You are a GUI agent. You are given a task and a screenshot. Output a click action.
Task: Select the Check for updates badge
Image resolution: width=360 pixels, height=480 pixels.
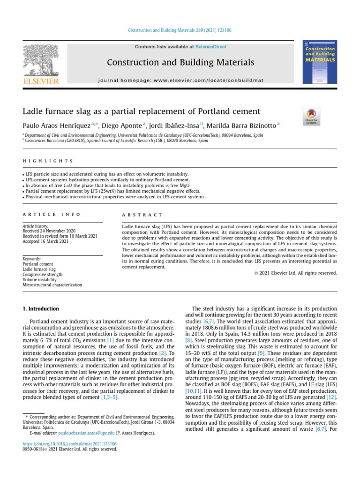[x=311, y=116]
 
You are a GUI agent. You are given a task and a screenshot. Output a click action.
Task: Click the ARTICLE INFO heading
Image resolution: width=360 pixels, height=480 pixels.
[x=52, y=215]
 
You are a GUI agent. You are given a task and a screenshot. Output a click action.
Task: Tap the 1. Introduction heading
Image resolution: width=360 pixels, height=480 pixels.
[x=41, y=309]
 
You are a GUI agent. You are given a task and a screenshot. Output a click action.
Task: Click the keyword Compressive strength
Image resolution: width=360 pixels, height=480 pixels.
[x=42, y=274]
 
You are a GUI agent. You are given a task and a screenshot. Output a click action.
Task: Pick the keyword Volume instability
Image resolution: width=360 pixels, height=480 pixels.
[x=41, y=279]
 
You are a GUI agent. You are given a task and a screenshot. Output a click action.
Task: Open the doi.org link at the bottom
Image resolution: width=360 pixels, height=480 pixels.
[x=70, y=443]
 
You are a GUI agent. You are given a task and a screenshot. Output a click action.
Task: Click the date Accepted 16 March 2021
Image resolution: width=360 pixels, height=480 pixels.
[x=46, y=241]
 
